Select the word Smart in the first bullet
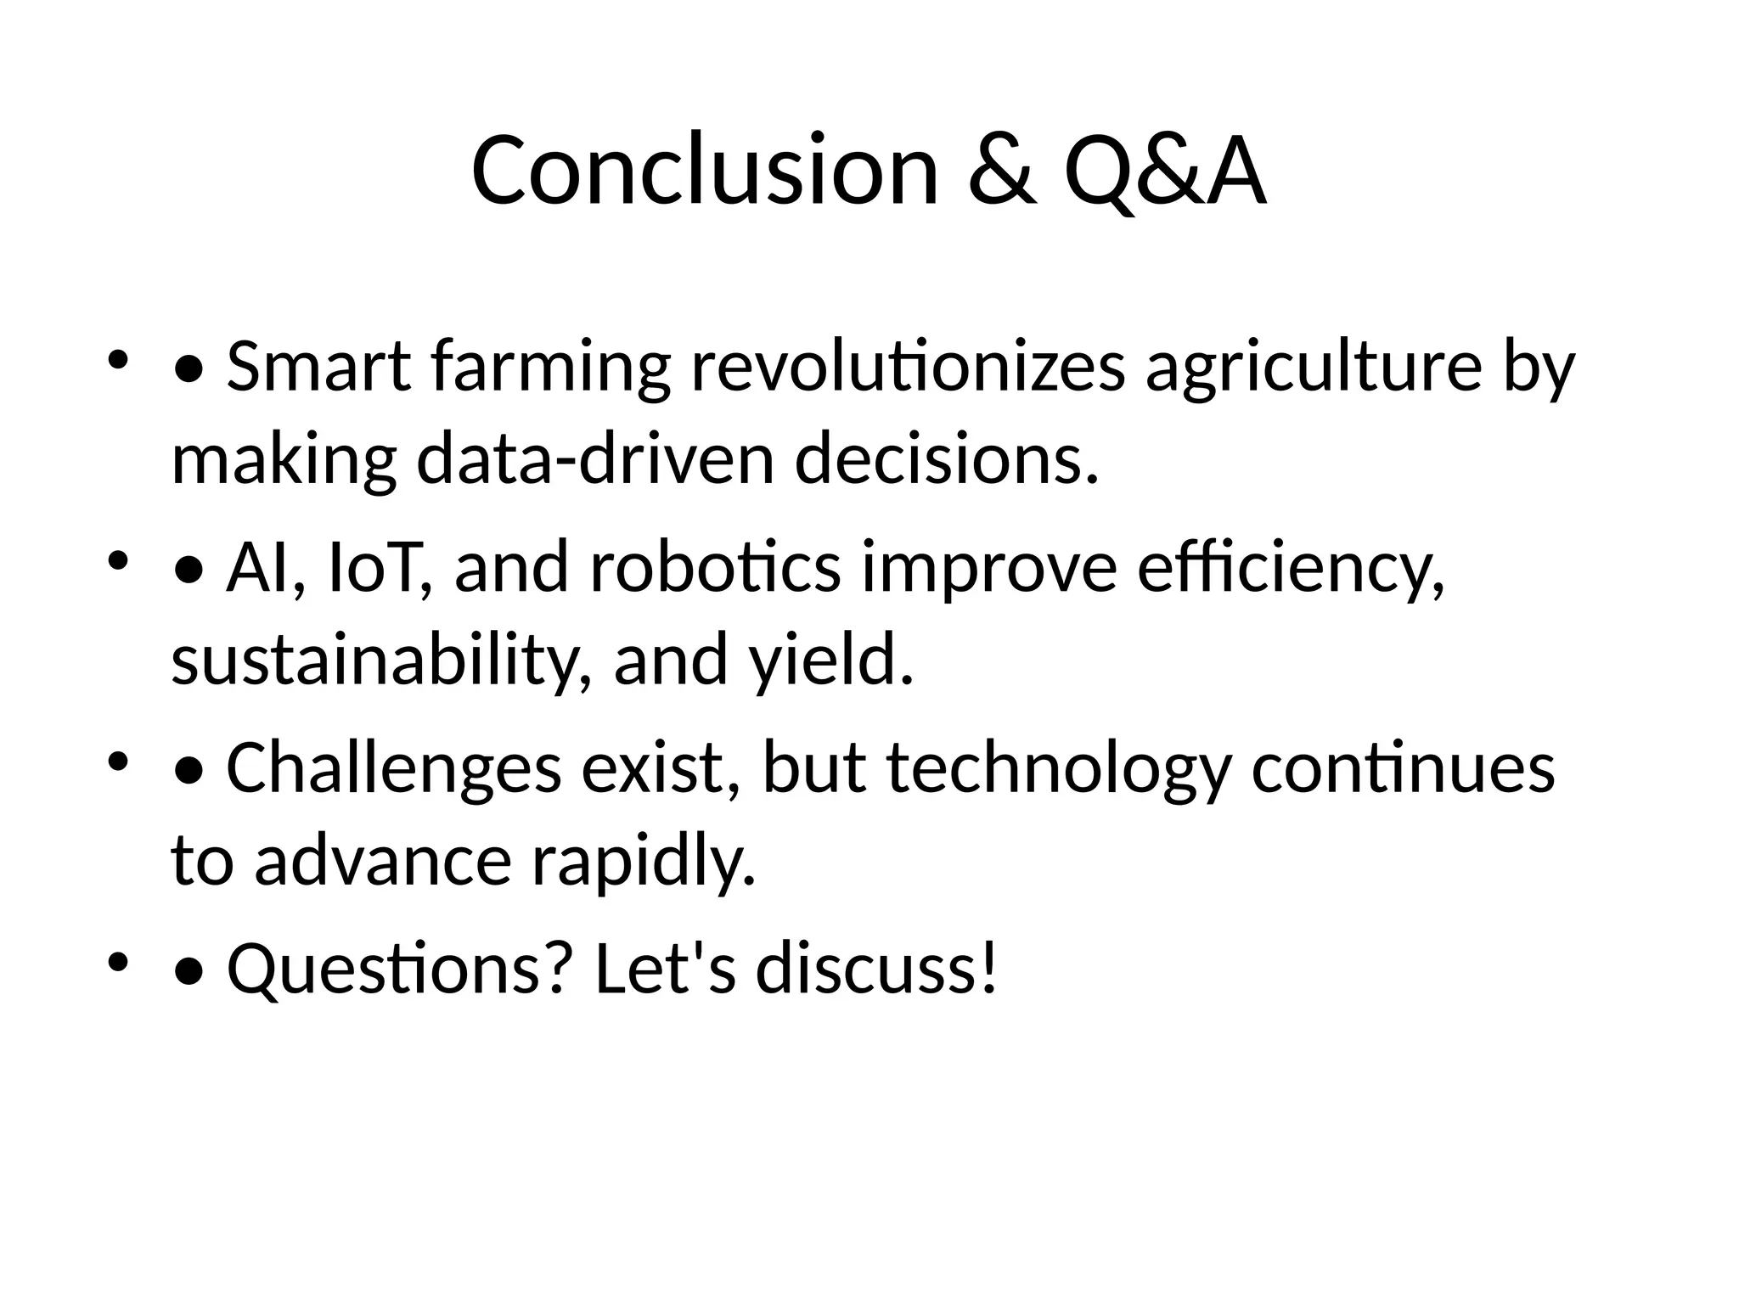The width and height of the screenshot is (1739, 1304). tap(319, 367)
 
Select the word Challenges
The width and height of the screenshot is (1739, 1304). tap(394, 767)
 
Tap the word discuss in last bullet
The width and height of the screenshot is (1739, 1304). tap(875, 968)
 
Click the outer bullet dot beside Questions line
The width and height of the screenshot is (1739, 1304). tap(117, 961)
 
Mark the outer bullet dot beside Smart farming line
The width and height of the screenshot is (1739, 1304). tap(117, 358)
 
